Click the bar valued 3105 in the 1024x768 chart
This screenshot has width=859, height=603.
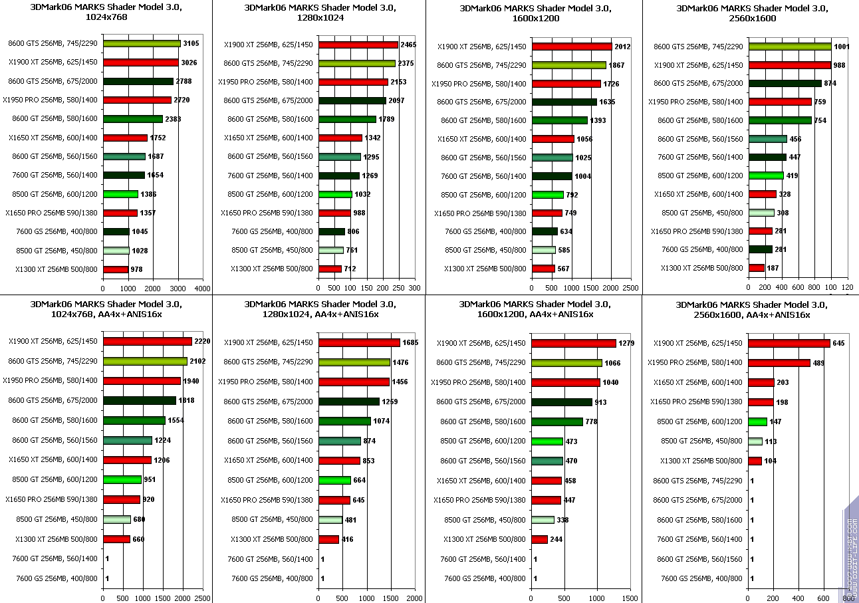141,44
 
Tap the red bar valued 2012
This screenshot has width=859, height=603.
572,47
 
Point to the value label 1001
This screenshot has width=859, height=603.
840,46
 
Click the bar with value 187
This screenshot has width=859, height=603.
757,268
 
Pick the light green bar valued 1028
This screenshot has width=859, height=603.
116,251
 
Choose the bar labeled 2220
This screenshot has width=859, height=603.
147,341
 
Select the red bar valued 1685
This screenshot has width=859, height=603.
359,342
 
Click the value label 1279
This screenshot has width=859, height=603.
626,343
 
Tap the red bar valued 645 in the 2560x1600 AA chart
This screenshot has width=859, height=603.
789,343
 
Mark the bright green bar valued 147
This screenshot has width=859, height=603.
758,422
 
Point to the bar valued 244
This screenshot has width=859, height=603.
540,539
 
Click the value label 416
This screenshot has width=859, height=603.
348,539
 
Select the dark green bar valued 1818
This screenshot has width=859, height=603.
139,400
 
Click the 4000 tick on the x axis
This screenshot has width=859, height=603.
202,289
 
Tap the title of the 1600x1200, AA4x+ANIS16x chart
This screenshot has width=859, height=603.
535,309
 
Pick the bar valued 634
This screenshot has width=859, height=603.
545,231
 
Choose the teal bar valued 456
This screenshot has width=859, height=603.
768,139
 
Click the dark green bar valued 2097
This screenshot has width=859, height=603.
352,100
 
